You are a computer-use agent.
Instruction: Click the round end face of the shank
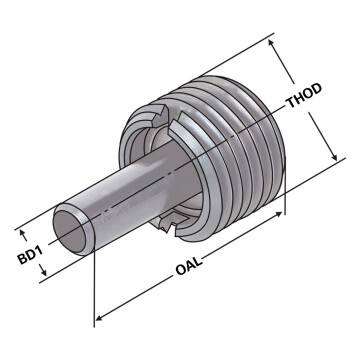point(74,228)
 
